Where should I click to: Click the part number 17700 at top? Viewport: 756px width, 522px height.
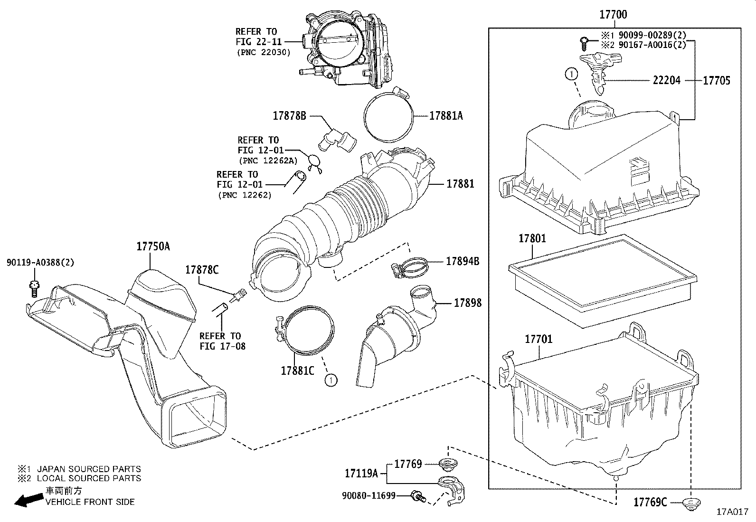(x=613, y=15)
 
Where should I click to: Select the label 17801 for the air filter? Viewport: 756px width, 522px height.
(x=532, y=239)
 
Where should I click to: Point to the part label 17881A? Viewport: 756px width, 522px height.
(x=445, y=115)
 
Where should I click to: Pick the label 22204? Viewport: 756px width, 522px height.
(x=666, y=80)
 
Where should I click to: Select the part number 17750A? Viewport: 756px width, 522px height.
(x=153, y=246)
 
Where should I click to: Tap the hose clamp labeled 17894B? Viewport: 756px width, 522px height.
(x=407, y=267)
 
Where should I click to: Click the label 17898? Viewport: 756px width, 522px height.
(x=467, y=303)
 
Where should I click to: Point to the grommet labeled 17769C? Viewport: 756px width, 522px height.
(x=690, y=503)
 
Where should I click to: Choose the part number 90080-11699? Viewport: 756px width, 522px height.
(x=369, y=496)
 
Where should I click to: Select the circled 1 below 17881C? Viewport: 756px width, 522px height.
(x=331, y=380)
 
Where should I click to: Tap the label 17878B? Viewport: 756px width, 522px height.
(x=289, y=115)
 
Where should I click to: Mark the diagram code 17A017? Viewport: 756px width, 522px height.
(x=733, y=512)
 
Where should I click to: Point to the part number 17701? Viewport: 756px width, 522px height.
(x=539, y=340)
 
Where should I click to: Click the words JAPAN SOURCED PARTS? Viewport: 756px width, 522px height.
(x=89, y=469)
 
